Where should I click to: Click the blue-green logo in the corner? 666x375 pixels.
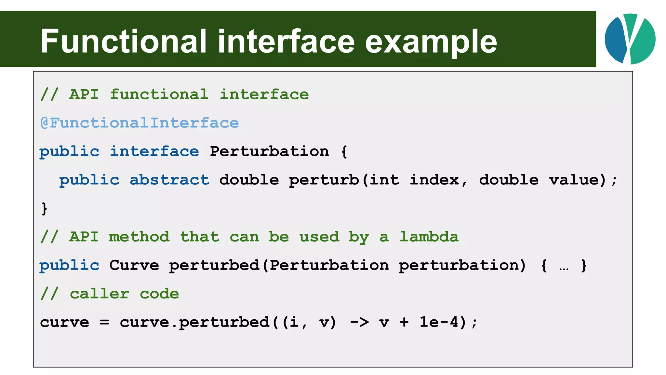[x=630, y=39]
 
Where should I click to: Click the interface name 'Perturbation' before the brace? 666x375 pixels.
[x=269, y=151]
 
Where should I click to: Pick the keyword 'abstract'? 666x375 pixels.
[x=169, y=180]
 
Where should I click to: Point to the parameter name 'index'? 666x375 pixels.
[x=434, y=180]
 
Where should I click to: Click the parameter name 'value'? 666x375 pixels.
[x=577, y=180]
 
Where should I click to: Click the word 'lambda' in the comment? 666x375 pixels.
[x=429, y=237]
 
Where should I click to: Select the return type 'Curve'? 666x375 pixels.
[x=134, y=265]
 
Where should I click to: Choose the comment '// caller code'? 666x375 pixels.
[x=110, y=294]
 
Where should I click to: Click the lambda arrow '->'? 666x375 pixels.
[x=359, y=322]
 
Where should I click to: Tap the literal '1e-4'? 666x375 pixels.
[x=439, y=322]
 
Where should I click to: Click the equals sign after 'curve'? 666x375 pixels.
[x=104, y=322]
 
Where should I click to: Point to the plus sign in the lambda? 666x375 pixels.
[x=404, y=322]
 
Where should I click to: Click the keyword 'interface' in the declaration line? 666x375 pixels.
[x=154, y=151]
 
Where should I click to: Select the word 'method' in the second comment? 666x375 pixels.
[x=139, y=237]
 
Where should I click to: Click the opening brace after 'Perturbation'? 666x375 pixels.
[x=344, y=151]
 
